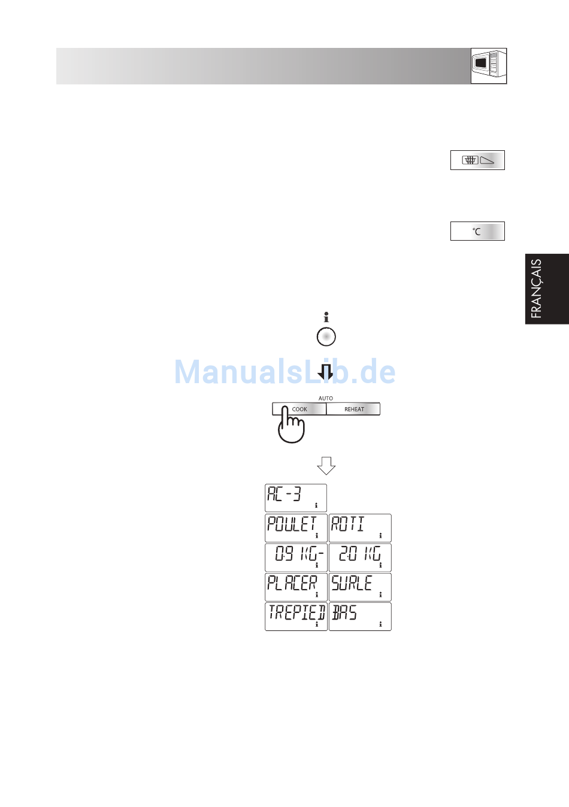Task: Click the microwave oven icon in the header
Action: point(489,66)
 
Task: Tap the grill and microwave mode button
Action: point(477,160)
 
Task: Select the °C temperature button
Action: point(477,231)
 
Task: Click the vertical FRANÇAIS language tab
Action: point(546,289)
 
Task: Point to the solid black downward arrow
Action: point(326,372)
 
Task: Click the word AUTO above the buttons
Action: point(326,398)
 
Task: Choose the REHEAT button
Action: point(353,409)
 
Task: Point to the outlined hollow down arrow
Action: point(326,465)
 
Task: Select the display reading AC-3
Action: point(296,497)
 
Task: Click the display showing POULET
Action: point(296,527)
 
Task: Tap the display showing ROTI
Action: point(360,527)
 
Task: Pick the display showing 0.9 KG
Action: point(296,557)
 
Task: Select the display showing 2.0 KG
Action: point(360,557)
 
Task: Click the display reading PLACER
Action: point(296,587)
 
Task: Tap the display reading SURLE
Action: point(360,587)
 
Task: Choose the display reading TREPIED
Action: point(296,616)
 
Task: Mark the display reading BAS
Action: point(360,616)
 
